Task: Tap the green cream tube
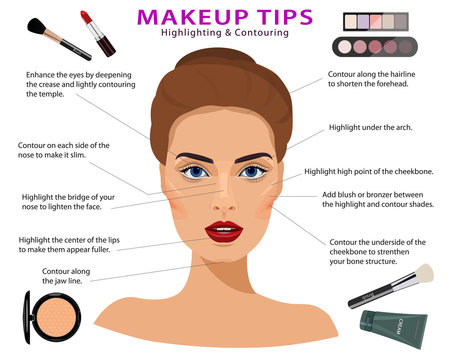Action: (x=392, y=329)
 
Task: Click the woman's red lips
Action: (x=226, y=232)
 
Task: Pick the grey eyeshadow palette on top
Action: (x=376, y=22)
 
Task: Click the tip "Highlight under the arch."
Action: (x=369, y=129)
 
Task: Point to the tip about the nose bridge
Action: (x=71, y=201)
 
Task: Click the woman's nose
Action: (x=224, y=200)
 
